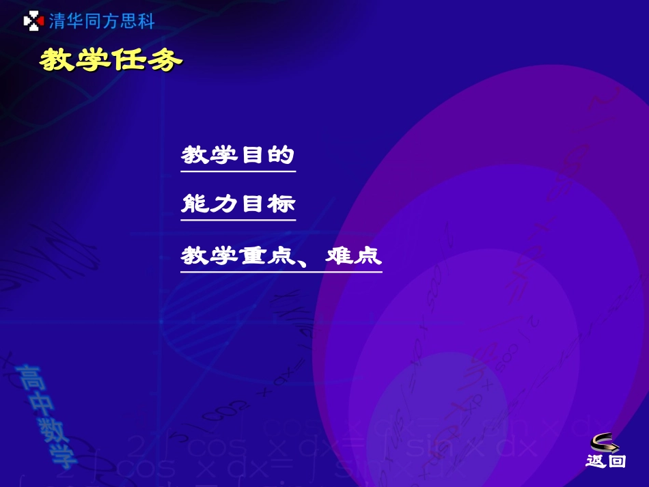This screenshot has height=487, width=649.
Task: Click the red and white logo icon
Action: [x=33, y=22]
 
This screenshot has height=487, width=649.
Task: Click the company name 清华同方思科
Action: [x=102, y=22]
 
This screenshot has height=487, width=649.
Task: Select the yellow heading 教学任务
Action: [x=111, y=60]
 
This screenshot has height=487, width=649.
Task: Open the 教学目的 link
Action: [x=238, y=156]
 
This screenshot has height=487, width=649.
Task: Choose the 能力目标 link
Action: [x=238, y=204]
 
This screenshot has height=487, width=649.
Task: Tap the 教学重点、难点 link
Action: [x=281, y=257]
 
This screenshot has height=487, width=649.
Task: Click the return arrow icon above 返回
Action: [x=605, y=443]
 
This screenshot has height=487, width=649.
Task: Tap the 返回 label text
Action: [x=605, y=462]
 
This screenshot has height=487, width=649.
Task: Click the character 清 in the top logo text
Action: [x=57, y=22]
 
